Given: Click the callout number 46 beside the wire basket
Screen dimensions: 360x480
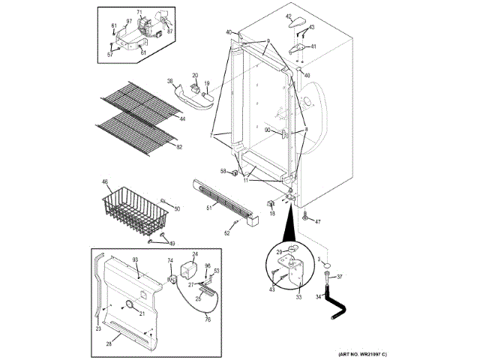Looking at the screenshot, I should click(105, 182).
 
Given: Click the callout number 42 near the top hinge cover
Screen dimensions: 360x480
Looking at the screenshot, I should click(289, 16).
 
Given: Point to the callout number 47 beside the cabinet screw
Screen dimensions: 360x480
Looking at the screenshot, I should click(318, 222).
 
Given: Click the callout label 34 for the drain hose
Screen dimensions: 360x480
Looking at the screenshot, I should click(317, 297).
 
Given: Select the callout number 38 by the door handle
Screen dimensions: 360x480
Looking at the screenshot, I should click(170, 82).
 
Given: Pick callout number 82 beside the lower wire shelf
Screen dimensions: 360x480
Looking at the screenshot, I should click(178, 147).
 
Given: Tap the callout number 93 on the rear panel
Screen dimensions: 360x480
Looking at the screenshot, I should click(136, 259).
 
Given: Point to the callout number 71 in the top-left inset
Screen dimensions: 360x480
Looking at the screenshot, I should click(139, 13).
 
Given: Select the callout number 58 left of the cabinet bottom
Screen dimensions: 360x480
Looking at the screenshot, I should click(223, 171).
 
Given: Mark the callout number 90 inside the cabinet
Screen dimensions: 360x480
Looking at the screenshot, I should click(268, 130).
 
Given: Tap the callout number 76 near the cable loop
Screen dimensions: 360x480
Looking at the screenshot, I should click(208, 319).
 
